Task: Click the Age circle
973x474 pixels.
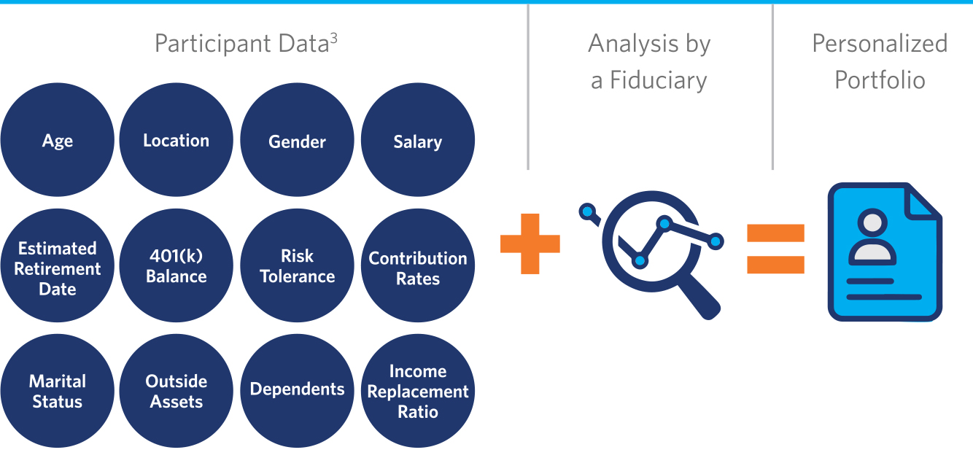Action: pyautogui.click(x=58, y=139)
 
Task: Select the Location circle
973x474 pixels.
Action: pyautogui.click(x=176, y=139)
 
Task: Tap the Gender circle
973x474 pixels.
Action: pyautogui.click(x=297, y=139)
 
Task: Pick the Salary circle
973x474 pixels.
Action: pyautogui.click(x=418, y=139)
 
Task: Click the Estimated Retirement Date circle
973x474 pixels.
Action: pyautogui.click(x=58, y=265)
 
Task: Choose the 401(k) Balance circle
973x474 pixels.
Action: pyautogui.click(x=176, y=265)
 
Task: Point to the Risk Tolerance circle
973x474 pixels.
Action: pyautogui.click(x=297, y=265)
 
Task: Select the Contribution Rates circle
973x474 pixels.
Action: pyautogui.click(x=418, y=265)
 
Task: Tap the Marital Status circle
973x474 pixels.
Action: pyautogui.click(x=58, y=391)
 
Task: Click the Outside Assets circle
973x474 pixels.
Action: pyautogui.click(x=176, y=391)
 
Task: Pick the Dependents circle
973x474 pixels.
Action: pyautogui.click(x=297, y=391)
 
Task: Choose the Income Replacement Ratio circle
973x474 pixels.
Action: pyautogui.click(x=418, y=391)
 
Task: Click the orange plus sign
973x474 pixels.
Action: pyautogui.click(x=530, y=244)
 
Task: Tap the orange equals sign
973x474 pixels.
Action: pyautogui.click(x=775, y=249)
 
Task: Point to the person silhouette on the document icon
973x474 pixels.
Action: pyautogui.click(x=872, y=237)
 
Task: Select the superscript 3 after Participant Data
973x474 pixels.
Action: pyautogui.click(x=333, y=39)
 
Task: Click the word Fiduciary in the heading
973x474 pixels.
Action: pyautogui.click(x=659, y=80)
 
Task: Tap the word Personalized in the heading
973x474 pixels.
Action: pyautogui.click(x=880, y=44)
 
